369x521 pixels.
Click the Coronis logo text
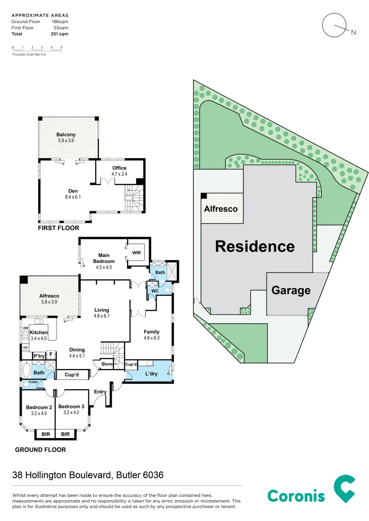coord(296,495)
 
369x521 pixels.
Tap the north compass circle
coord(334,25)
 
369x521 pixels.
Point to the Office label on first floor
coord(119,168)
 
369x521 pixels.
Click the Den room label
coord(72,191)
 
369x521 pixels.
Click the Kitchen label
coord(39,333)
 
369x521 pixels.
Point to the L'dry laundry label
coord(151,374)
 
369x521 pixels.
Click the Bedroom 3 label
coord(71,407)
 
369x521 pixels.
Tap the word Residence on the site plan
coord(255,247)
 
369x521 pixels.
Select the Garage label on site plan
coord(290,290)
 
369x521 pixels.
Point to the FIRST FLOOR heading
coord(58,228)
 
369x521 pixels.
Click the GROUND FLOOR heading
coord(41,450)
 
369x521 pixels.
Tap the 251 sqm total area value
coord(60,34)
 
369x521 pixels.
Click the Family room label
coord(151,332)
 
